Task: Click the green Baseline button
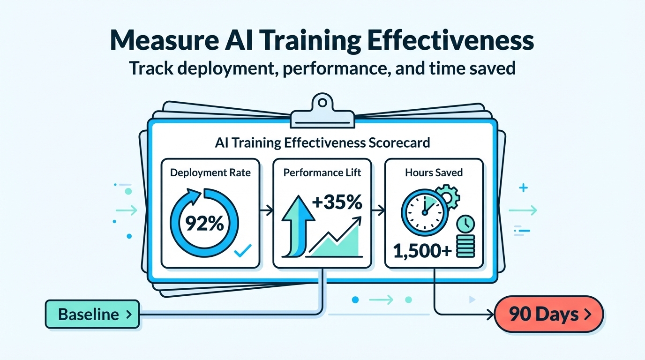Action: click(92, 314)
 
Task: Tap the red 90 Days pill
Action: click(549, 314)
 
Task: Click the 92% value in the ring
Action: click(204, 224)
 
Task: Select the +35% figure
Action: click(337, 202)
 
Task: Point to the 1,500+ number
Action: click(422, 251)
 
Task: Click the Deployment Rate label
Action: click(210, 172)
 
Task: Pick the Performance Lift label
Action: click(322, 172)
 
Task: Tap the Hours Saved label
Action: click(434, 172)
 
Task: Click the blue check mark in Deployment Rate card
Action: click(243, 251)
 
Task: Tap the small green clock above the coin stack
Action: click(465, 224)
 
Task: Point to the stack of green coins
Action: click(465, 246)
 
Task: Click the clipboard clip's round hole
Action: click(322, 103)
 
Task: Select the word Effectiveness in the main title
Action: click(450, 40)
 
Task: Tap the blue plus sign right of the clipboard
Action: click(523, 188)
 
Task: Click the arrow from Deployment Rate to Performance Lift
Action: click(266, 210)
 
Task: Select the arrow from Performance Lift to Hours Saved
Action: click(378, 210)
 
